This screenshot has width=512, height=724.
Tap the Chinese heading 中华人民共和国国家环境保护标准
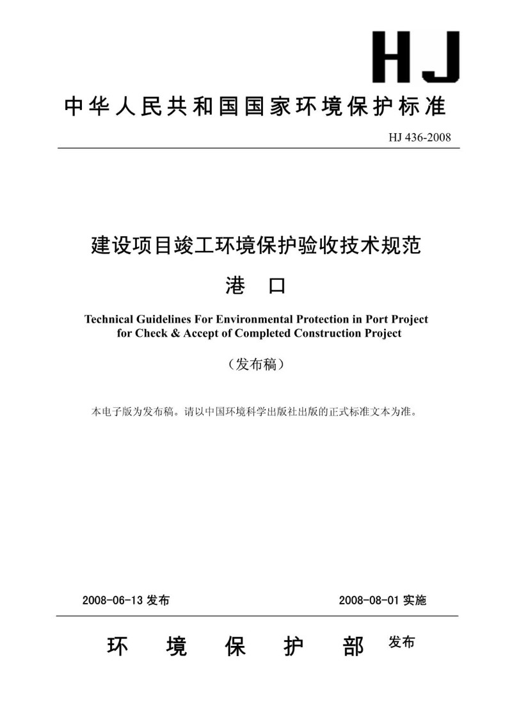pyautogui.click(x=255, y=107)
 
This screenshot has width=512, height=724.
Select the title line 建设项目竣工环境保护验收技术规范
pyautogui.click(x=256, y=246)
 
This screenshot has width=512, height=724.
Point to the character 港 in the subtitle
pyautogui.click(x=236, y=286)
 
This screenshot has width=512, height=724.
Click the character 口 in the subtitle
pyautogui.click(x=276, y=286)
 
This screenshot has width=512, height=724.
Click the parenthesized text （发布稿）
pyautogui.click(x=255, y=365)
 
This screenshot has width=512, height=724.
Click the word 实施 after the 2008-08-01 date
pyautogui.click(x=415, y=600)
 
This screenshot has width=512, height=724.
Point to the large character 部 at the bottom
pyautogui.click(x=354, y=647)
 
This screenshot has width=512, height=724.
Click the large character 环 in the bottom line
pyautogui.click(x=118, y=647)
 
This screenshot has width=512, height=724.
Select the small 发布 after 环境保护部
pyautogui.click(x=401, y=643)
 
